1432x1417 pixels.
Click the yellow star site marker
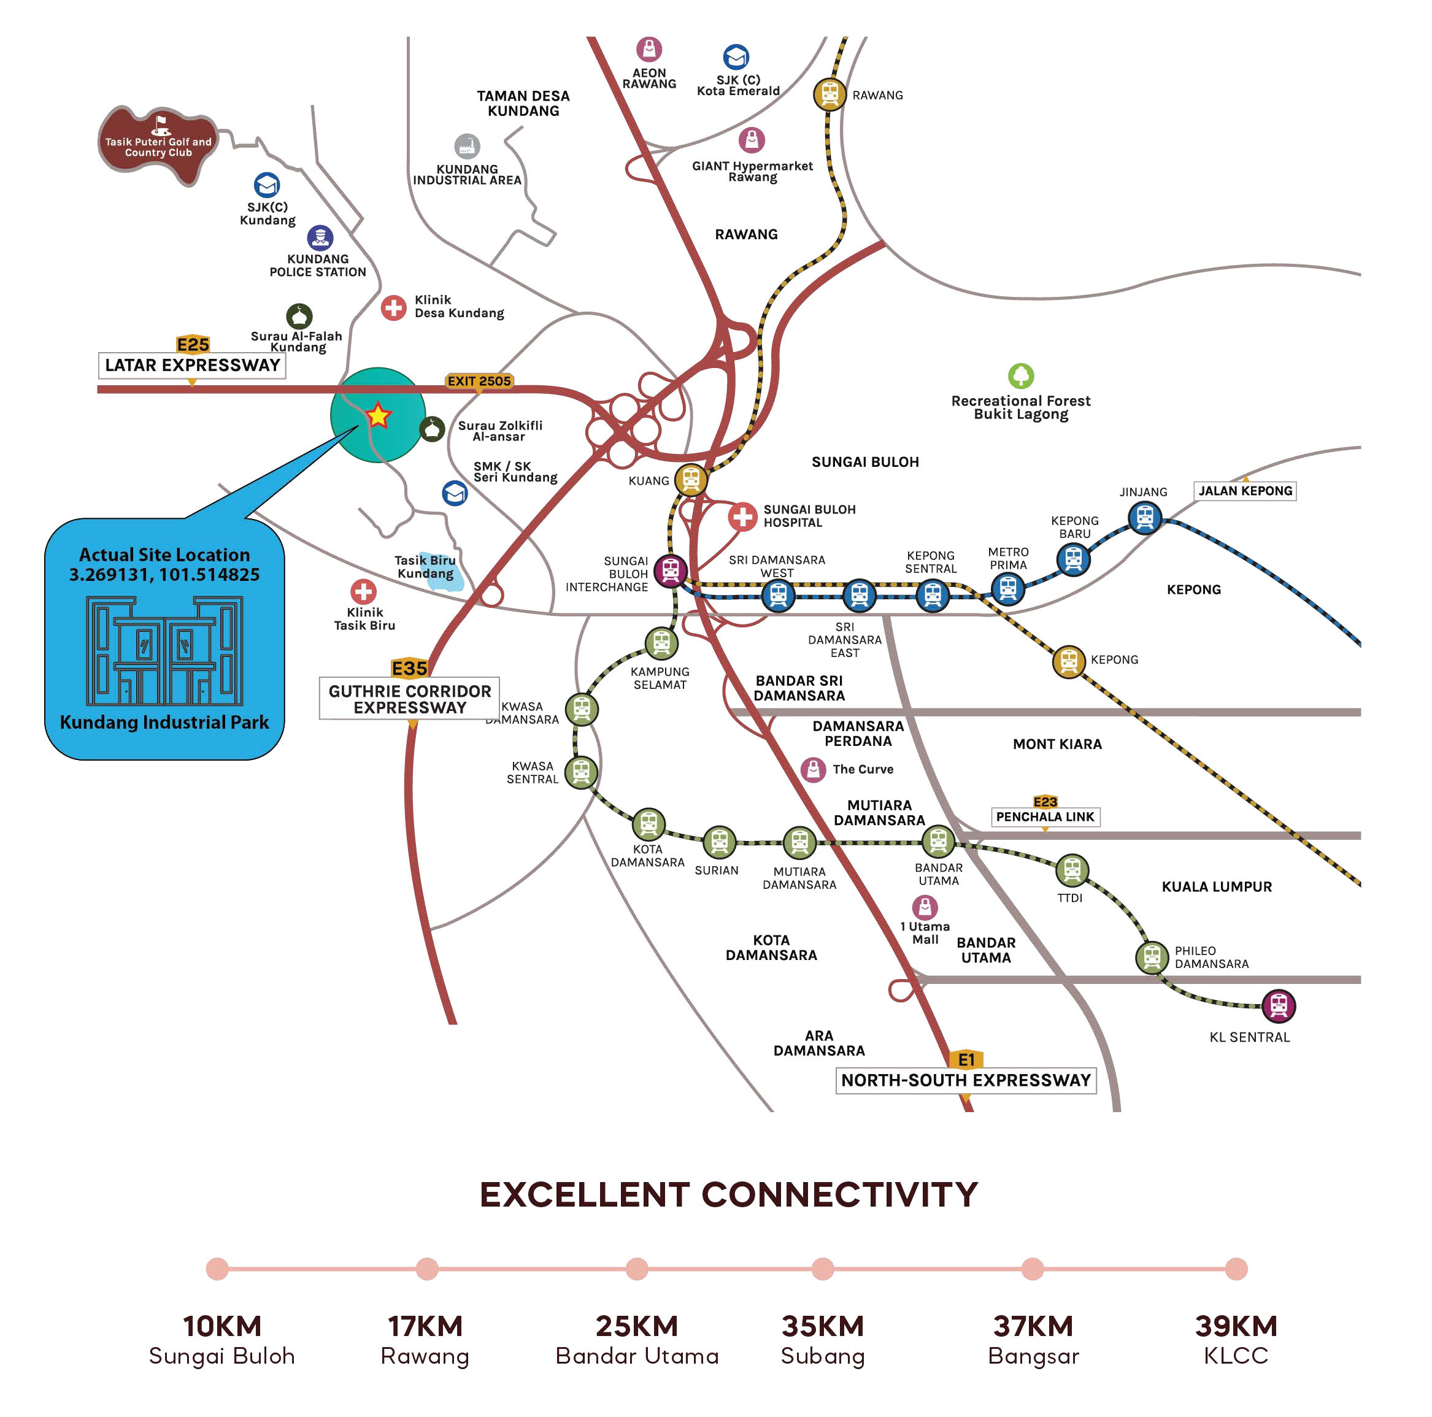point(378,416)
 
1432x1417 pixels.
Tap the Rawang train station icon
point(829,94)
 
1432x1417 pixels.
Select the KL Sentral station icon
point(1278,1005)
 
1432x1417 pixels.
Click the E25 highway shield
point(193,345)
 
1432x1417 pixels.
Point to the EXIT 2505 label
point(479,381)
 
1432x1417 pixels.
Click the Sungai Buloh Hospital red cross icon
point(742,516)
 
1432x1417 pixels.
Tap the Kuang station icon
point(691,480)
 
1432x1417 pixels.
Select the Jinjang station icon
point(1144,516)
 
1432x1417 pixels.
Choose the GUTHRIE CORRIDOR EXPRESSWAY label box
point(409,698)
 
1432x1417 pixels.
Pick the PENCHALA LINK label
point(1044,816)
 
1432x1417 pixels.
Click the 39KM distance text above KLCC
point(1236,1326)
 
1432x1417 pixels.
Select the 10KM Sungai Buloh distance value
point(221,1326)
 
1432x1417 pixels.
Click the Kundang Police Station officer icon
point(320,238)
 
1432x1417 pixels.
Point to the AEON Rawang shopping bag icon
point(649,50)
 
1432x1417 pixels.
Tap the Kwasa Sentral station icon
point(581,772)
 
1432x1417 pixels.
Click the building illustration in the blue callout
point(164,651)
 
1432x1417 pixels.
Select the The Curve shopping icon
point(813,769)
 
